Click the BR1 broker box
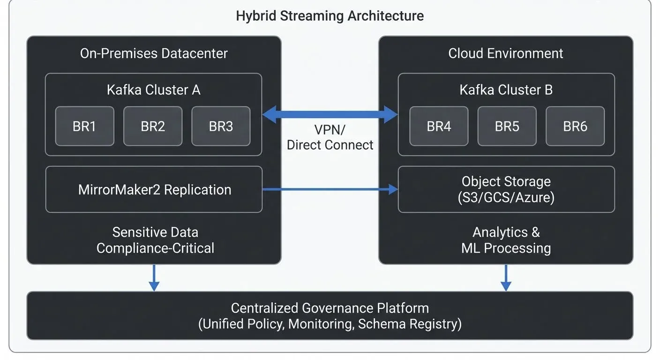[x=84, y=126]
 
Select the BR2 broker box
[x=153, y=126]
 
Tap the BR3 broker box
[x=221, y=126]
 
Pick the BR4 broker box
[x=439, y=126]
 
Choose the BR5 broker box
[x=507, y=126]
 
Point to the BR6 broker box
[x=575, y=126]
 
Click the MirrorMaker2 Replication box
[x=154, y=189]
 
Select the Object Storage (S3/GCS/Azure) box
[x=506, y=189]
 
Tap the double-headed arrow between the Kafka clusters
[x=330, y=114]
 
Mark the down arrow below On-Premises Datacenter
[x=154, y=277]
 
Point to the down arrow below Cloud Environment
[x=506, y=277]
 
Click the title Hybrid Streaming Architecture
[x=330, y=16]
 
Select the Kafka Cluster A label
[x=153, y=90]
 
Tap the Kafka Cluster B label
[x=506, y=90]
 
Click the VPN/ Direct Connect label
[x=330, y=137]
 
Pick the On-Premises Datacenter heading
[x=154, y=53]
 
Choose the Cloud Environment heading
[x=506, y=53]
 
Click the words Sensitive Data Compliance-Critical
[x=155, y=240]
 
